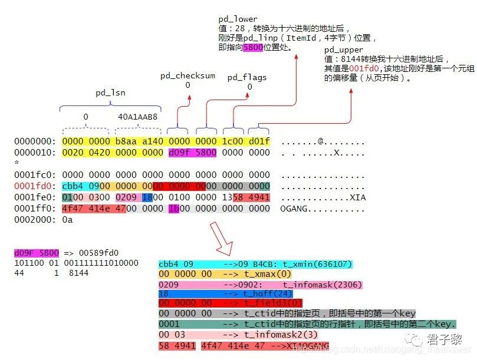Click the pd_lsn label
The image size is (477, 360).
tap(110, 93)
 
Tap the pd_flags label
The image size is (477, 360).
tap(247, 77)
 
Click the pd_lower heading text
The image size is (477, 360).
tap(238, 19)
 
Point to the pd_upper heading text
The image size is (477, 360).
tap(344, 50)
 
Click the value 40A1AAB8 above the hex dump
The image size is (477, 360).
tap(138, 117)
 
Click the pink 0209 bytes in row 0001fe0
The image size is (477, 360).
tap(127, 197)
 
